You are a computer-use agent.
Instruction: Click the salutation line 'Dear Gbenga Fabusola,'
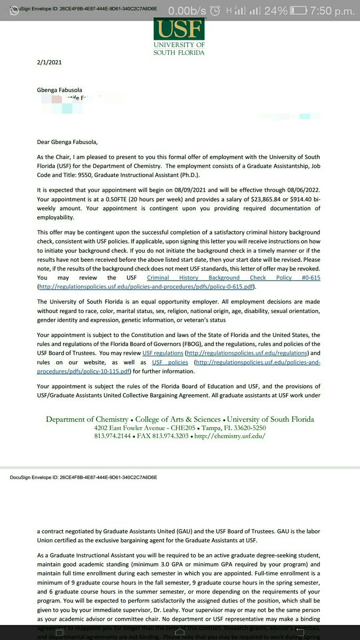pyautogui.click(x=67, y=142)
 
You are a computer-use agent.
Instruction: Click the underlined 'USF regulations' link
pyautogui.click(x=163, y=353)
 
